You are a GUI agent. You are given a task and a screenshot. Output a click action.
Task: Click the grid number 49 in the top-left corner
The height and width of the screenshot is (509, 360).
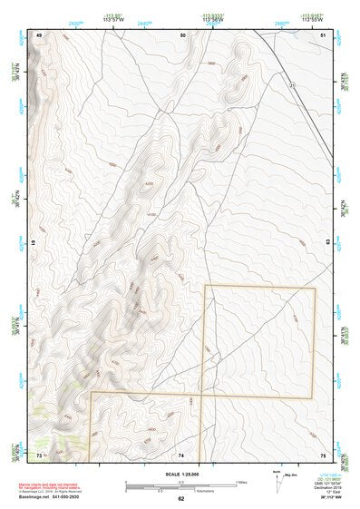[x=39, y=34]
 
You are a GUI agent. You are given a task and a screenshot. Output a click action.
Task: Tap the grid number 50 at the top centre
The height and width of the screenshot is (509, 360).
[x=183, y=34]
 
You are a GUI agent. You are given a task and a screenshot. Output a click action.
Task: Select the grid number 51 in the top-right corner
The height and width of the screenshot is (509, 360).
[x=324, y=34]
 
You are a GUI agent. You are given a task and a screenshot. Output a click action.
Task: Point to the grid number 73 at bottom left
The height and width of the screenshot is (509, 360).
[x=39, y=454]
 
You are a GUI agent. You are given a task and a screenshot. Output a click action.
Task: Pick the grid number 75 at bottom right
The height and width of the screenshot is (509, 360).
[x=324, y=454]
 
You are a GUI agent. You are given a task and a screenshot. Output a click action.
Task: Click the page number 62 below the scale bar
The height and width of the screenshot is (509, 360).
[x=180, y=498]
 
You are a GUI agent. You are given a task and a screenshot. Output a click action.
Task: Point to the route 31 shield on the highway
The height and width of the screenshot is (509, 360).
[x=292, y=85]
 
